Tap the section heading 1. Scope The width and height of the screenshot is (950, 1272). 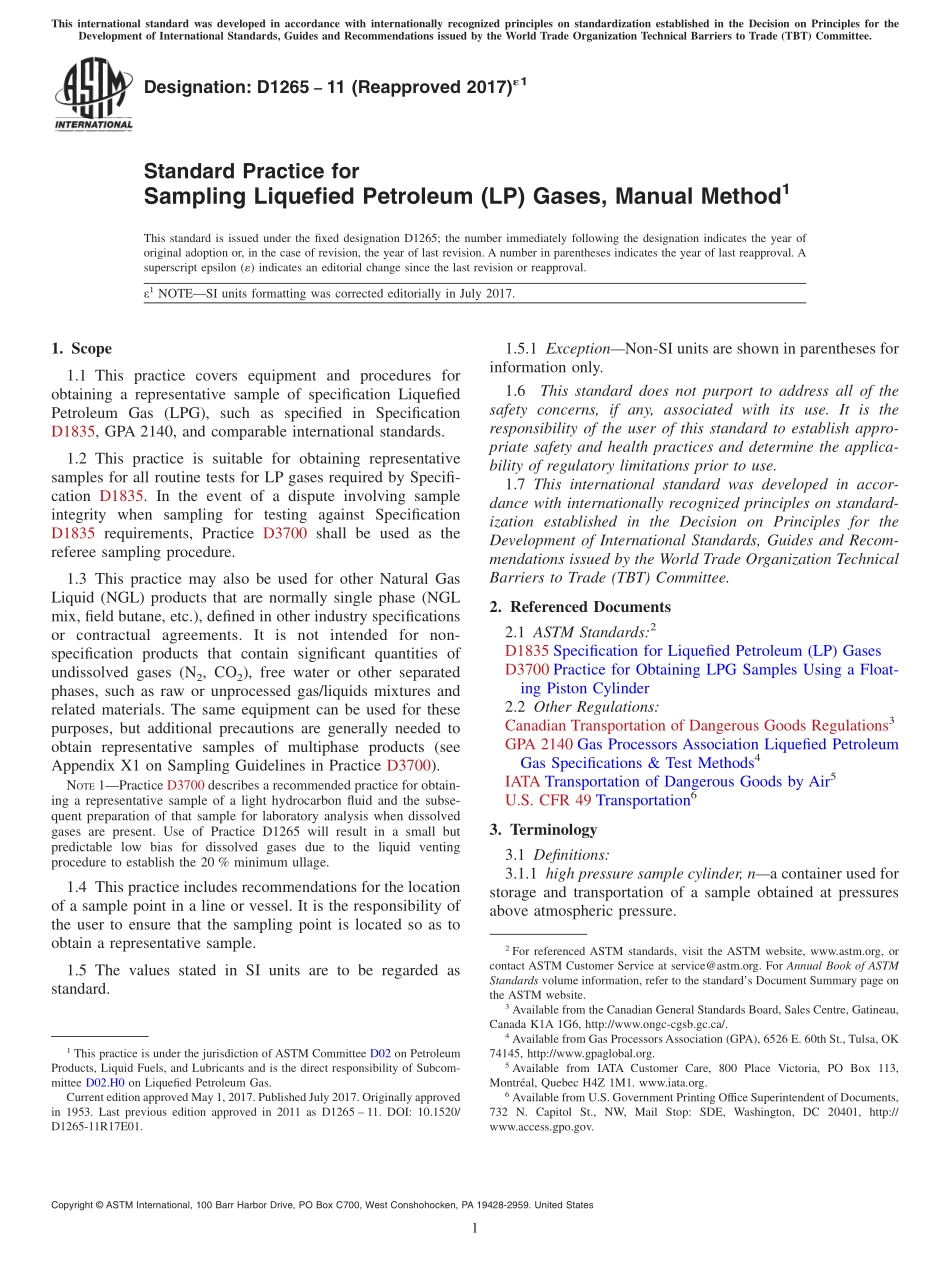point(81,349)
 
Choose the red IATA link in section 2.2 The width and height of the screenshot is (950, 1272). point(523,781)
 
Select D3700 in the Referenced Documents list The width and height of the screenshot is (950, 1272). point(527,669)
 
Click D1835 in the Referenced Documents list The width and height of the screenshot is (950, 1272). point(527,650)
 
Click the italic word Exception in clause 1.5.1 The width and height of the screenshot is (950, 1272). point(577,349)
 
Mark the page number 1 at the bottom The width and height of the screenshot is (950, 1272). point(475,1228)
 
